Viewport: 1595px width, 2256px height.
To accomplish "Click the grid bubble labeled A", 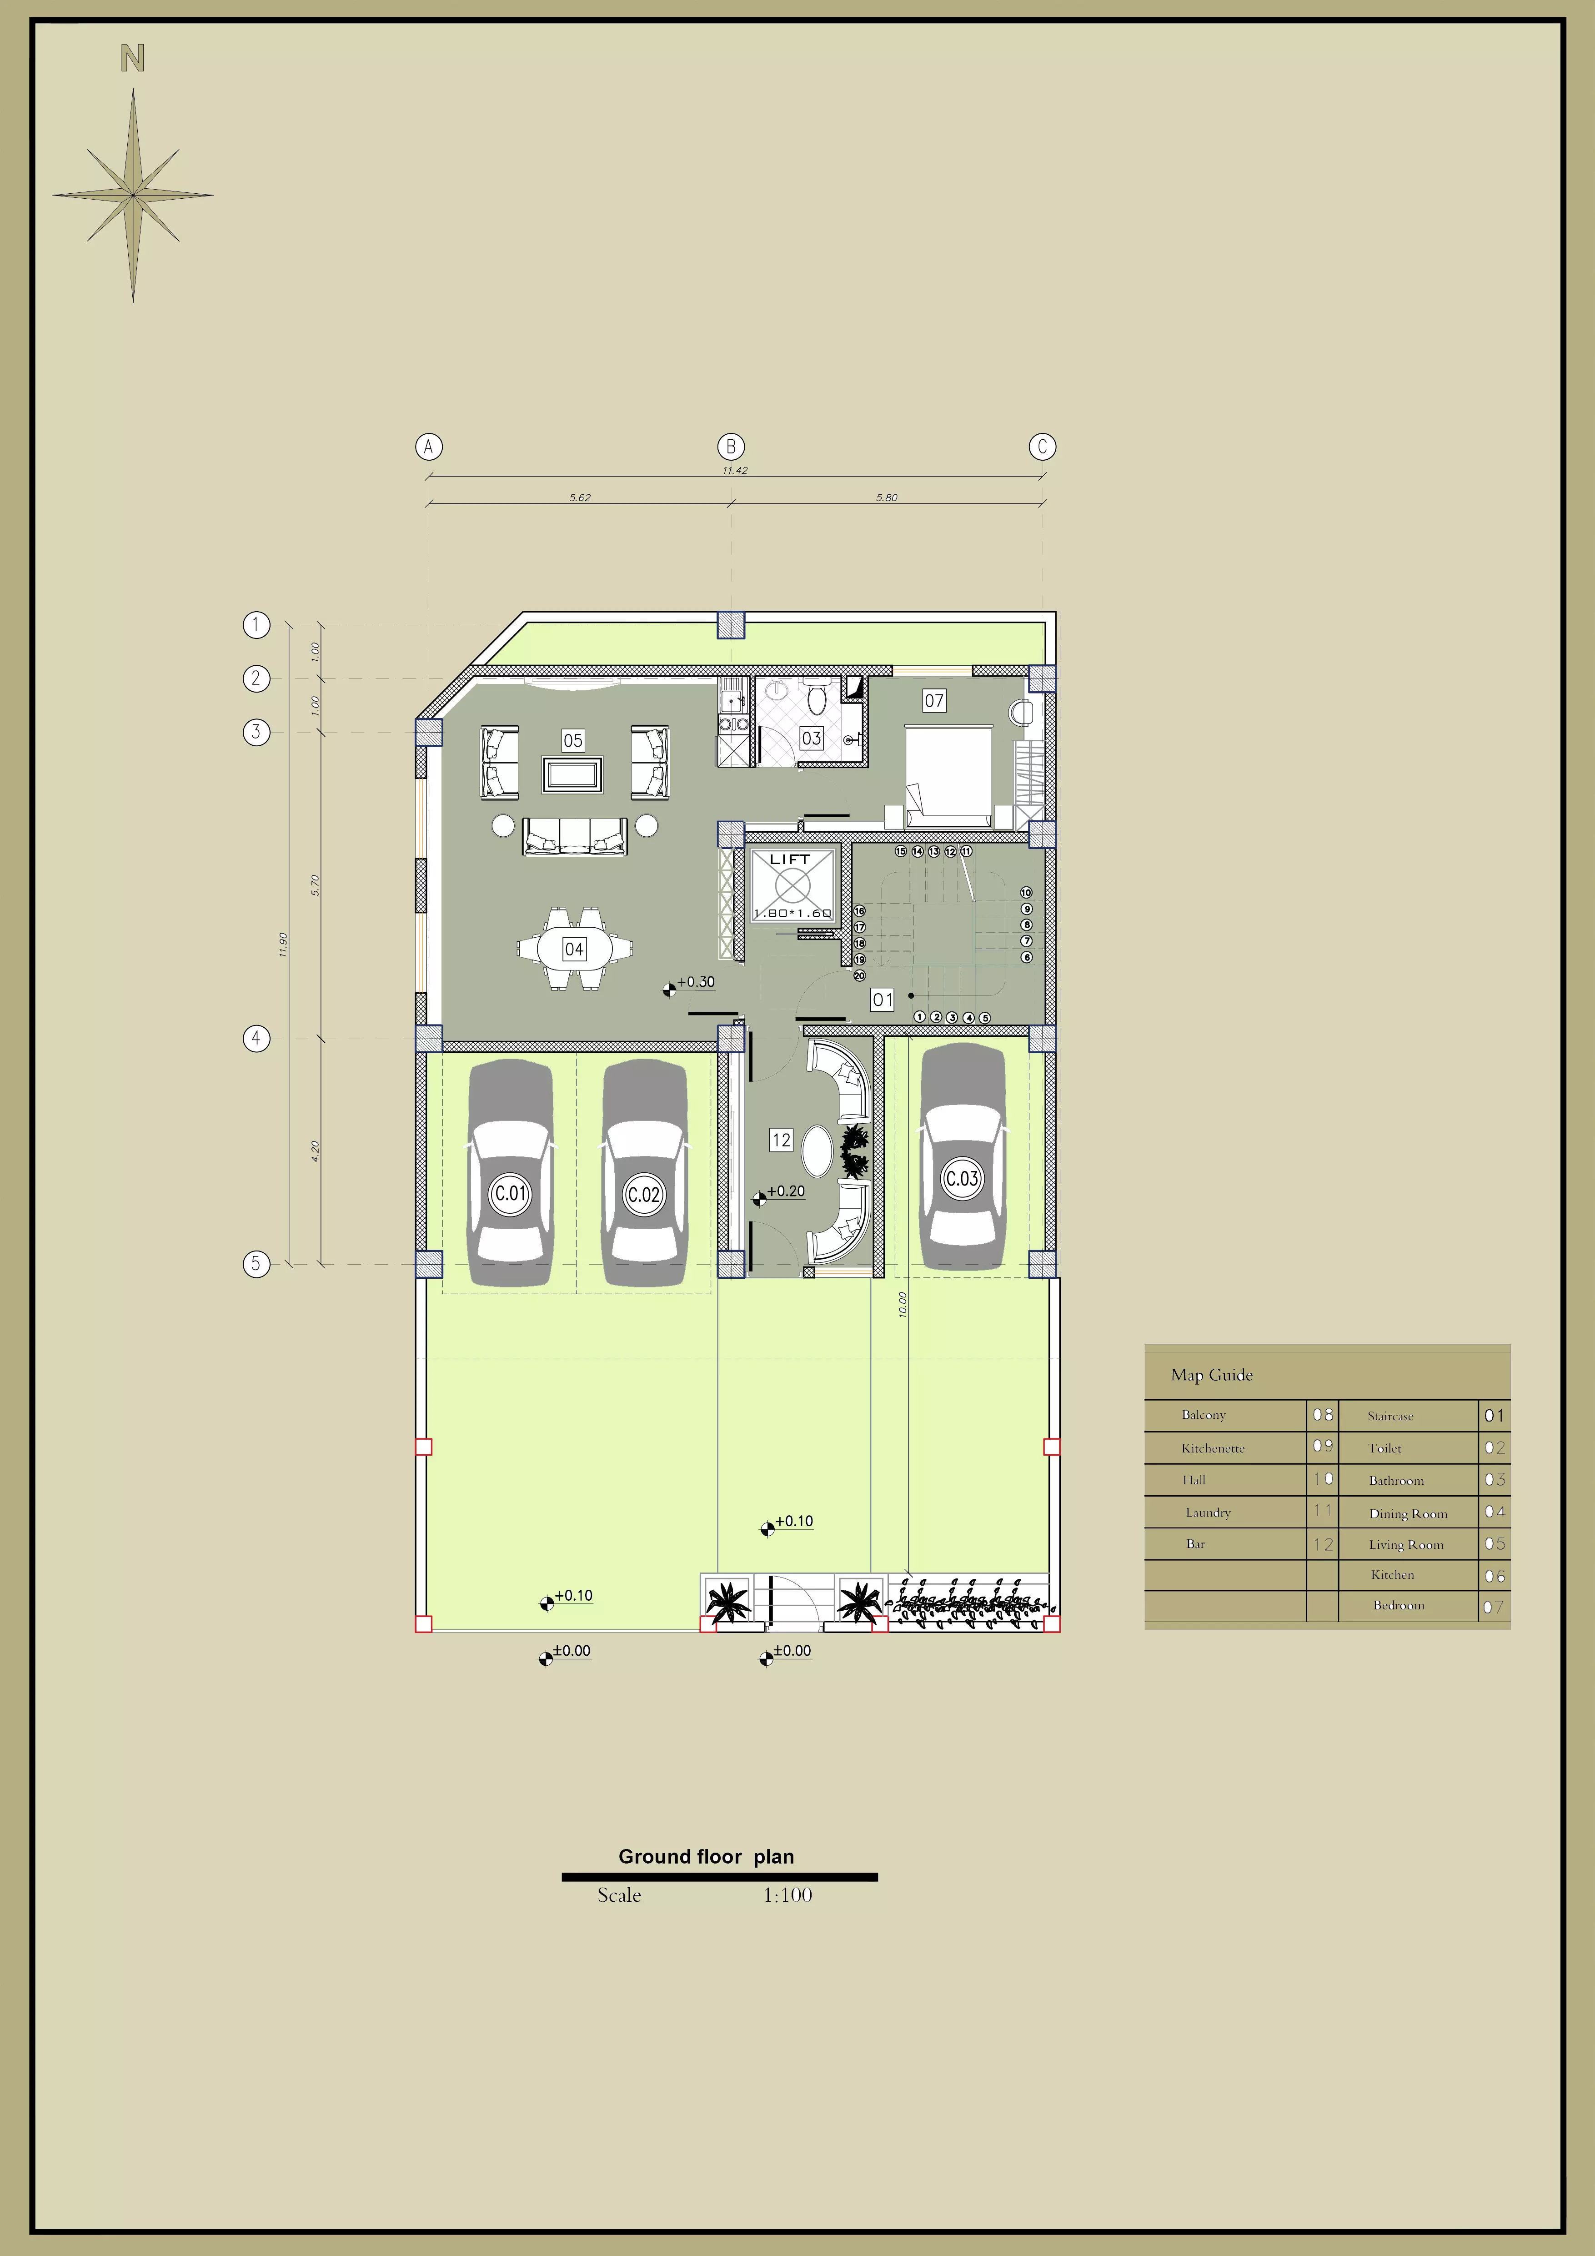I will click(428, 447).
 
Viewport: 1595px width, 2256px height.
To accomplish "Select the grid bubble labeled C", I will click(1042, 447).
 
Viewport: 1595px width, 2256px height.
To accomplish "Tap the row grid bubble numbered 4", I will click(256, 1039).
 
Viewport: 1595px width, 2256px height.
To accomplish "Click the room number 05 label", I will click(572, 740).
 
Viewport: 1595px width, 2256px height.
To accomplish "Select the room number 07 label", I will click(934, 701).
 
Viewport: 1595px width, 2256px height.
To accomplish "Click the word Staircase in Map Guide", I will click(1390, 1416).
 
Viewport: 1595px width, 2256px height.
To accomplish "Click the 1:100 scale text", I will click(787, 1895).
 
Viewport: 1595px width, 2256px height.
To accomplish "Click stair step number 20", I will click(859, 976).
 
